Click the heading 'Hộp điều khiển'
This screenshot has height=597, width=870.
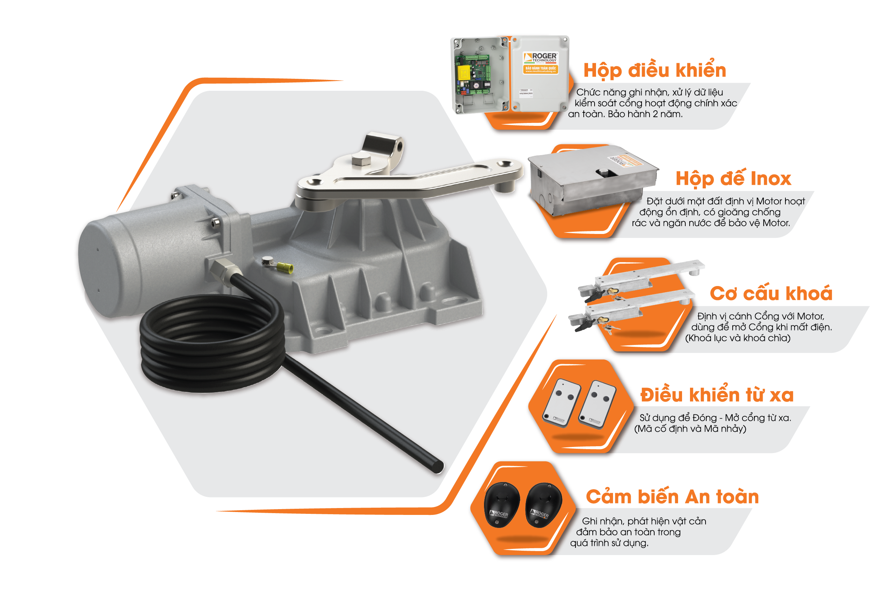coord(655,71)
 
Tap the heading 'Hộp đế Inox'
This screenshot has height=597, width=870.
coord(733,179)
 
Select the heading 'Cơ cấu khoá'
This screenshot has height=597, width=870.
coord(771,293)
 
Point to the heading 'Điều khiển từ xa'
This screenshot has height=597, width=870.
coord(717,395)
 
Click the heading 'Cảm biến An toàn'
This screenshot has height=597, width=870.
coord(672,497)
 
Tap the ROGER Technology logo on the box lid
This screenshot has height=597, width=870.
coord(541,57)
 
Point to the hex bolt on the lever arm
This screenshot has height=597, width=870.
coord(361,160)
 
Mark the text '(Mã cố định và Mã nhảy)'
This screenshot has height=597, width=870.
coord(690,429)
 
